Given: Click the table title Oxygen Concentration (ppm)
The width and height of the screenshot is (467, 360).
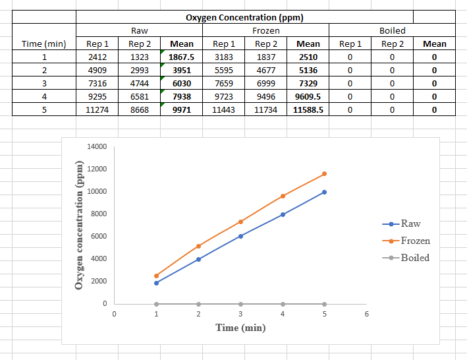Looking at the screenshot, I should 244,17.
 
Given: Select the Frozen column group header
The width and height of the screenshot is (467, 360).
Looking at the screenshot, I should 265,30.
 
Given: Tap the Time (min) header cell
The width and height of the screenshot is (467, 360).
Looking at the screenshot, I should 44,44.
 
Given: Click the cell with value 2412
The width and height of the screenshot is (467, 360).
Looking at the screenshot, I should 97,57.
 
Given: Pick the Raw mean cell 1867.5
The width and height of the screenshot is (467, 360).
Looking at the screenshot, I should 182,57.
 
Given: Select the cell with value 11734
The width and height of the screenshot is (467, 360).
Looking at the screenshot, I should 266,109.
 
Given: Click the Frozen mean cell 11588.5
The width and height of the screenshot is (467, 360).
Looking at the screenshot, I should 308,109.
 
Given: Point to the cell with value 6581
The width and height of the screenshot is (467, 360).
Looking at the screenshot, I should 140,96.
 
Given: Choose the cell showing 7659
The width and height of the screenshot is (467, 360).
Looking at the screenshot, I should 224,83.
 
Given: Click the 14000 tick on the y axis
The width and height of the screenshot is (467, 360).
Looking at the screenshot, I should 96,146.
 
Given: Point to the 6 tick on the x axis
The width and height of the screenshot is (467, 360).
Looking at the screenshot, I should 367,314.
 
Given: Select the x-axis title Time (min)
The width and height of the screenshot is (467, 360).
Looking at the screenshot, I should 240,328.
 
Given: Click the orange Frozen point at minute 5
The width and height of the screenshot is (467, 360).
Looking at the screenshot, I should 325,174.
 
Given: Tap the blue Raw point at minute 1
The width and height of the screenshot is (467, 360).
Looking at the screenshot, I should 156,283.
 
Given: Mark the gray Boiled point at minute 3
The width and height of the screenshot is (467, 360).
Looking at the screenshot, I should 240,304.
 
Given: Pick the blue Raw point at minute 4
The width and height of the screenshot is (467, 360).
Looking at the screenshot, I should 283,214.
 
